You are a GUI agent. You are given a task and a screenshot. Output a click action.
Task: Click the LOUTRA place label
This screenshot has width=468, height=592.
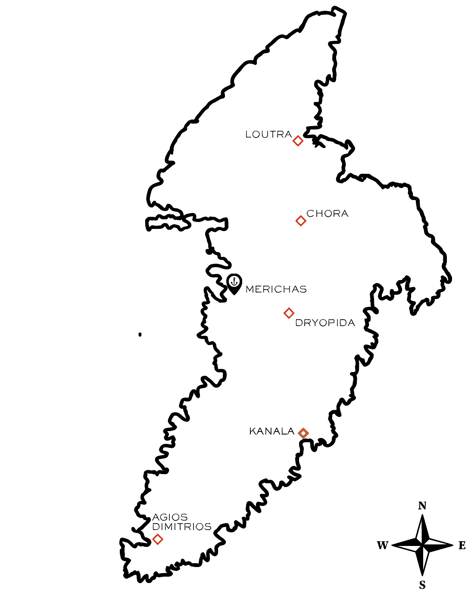(x=268, y=135)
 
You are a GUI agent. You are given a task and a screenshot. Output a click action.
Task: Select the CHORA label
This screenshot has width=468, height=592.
(x=328, y=213)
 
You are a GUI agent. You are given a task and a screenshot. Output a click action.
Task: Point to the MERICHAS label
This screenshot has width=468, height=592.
(x=276, y=290)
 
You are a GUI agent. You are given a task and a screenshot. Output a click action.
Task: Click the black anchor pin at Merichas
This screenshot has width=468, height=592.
(x=234, y=284)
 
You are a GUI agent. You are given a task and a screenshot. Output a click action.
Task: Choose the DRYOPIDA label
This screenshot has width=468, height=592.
(x=325, y=323)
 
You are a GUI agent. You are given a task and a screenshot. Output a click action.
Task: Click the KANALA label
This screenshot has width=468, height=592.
(x=272, y=432)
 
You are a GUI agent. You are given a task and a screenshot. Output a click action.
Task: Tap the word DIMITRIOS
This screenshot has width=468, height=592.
(x=182, y=527)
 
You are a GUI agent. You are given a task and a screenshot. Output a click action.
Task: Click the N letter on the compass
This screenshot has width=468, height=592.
(x=422, y=506)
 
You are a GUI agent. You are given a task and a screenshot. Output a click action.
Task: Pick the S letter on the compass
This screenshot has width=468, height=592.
(x=422, y=585)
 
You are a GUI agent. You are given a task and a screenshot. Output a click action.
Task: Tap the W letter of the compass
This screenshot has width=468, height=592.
(x=383, y=545)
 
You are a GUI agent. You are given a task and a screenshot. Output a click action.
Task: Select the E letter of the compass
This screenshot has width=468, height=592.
(x=462, y=545)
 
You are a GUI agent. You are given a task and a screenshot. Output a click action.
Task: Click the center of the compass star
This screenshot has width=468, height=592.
(x=422, y=545)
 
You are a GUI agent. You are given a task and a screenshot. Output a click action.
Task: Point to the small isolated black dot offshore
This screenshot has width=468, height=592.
(x=140, y=335)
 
